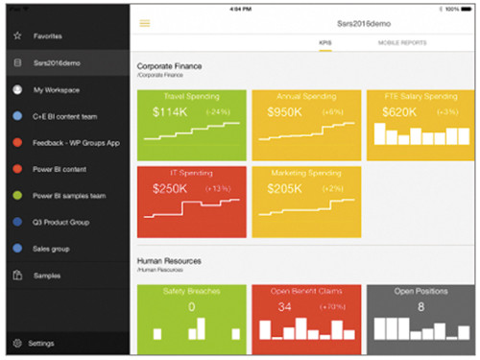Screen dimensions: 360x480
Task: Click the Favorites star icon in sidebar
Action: coord(16,36)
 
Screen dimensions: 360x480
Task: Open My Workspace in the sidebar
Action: coord(55,89)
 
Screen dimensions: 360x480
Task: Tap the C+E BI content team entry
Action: coord(65,116)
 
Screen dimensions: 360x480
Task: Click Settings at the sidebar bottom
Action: coord(41,343)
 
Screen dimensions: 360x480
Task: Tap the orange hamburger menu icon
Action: coord(145,22)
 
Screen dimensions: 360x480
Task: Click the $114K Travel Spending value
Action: coord(169,112)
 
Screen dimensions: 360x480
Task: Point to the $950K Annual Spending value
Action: coord(281,112)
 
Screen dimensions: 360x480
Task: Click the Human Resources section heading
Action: coord(168,260)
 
